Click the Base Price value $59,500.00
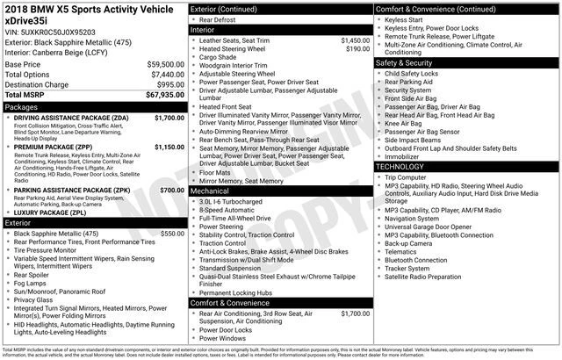160,64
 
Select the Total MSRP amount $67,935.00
160,95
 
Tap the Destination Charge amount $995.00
166,84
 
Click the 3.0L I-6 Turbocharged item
236,201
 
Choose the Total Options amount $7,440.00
163,75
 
